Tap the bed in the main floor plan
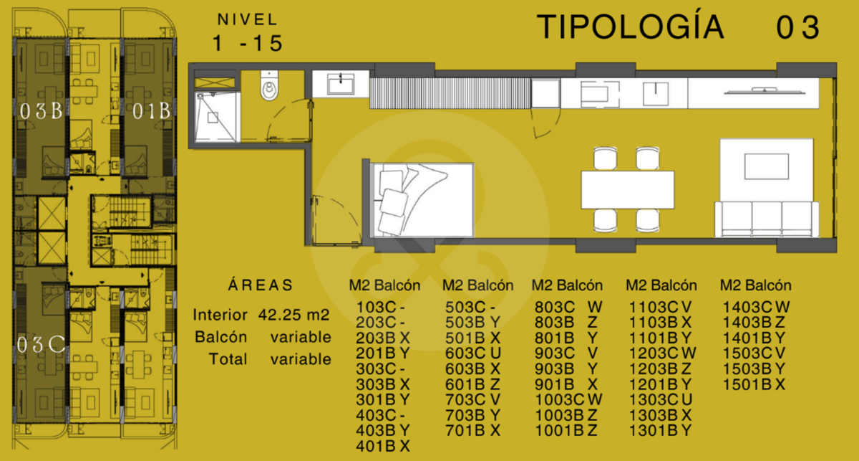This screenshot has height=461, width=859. (422, 200)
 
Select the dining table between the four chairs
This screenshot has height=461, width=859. (627, 190)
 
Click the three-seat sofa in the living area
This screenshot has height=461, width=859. (767, 219)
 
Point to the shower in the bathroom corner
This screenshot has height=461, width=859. (215, 116)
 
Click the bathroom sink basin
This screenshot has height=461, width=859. (341, 84)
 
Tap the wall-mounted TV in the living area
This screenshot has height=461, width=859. (765, 92)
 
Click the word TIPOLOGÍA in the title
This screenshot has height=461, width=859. (630, 27)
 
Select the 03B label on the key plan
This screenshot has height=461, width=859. (41, 111)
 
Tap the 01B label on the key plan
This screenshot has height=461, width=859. (151, 111)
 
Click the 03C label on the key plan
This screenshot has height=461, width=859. (41, 344)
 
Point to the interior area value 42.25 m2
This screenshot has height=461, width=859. (293, 315)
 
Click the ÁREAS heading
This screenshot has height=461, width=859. (261, 285)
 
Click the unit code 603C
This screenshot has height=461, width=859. (465, 353)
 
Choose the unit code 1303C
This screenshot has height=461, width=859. (654, 399)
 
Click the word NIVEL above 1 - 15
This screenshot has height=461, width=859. (248, 19)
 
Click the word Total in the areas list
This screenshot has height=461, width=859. (228, 359)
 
